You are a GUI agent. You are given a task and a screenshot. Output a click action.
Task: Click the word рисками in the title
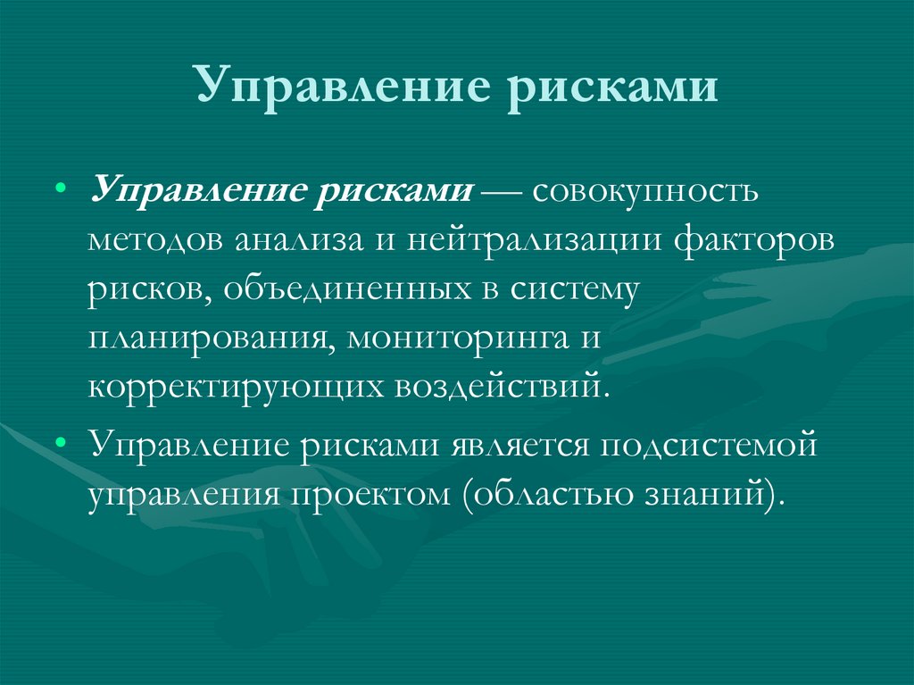(x=613, y=90)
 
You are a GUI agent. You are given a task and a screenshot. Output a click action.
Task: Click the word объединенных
(x=354, y=290)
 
